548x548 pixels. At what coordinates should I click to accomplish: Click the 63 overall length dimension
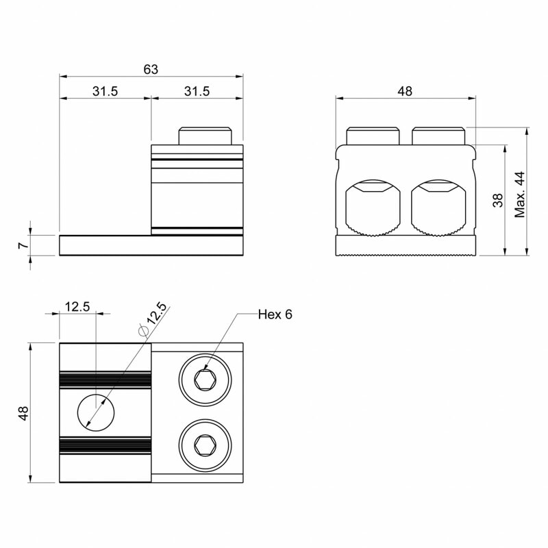tap(151, 70)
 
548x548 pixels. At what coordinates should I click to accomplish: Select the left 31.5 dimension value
tap(105, 91)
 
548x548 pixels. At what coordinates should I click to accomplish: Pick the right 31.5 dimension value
tap(197, 91)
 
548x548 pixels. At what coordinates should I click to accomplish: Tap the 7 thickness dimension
tap(23, 245)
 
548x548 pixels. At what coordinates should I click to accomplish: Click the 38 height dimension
tap(498, 200)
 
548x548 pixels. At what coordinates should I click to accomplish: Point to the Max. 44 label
tap(520, 195)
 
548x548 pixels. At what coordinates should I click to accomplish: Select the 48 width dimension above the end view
tap(405, 91)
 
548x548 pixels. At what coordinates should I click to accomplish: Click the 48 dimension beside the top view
tap(23, 413)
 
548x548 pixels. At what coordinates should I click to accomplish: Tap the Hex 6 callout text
tap(275, 314)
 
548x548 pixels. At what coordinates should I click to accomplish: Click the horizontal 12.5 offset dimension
tap(77, 307)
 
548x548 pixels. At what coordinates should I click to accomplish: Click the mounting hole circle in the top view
tap(96, 412)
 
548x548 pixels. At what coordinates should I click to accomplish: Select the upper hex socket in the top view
tap(205, 380)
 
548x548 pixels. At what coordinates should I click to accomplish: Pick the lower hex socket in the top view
tap(205, 446)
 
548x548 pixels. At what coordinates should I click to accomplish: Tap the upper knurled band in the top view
tap(105, 380)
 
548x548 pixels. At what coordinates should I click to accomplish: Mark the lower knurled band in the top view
tap(105, 446)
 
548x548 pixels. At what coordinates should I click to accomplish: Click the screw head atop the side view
tap(206, 136)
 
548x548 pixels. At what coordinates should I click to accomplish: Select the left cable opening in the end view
tap(373, 208)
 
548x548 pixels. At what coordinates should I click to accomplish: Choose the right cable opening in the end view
tap(438, 208)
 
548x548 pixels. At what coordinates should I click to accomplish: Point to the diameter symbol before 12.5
tap(143, 330)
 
